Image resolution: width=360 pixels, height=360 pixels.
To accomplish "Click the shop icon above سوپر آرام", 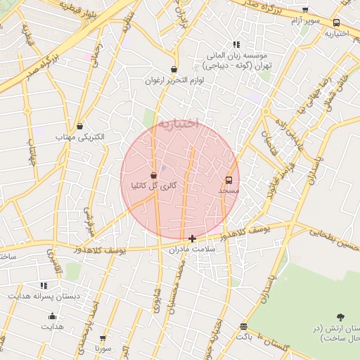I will coord(304,10).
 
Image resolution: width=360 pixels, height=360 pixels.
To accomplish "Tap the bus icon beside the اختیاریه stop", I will coord(336,22).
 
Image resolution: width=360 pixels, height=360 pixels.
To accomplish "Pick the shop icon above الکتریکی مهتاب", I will coord(79,126).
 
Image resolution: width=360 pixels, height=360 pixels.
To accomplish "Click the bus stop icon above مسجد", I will coord(229,180).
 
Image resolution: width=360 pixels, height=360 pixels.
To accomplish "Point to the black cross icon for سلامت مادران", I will coord(193,238).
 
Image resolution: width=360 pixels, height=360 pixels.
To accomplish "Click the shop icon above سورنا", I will coord(103,338).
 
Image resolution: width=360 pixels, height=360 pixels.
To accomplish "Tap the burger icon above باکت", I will coord(243,326).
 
